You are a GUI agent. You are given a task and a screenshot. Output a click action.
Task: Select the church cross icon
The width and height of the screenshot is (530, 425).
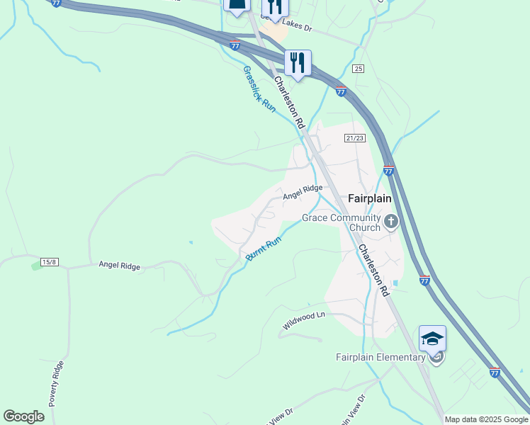pyautogui.click(x=390, y=223)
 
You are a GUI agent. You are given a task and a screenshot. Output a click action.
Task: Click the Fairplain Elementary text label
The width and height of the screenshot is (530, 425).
pyautogui.click(x=380, y=357)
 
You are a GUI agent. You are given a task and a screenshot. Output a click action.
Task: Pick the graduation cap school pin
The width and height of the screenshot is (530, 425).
pyautogui.click(x=432, y=339)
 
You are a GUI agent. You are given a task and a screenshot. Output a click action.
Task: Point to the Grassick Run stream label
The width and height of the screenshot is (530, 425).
pyautogui.click(x=259, y=89)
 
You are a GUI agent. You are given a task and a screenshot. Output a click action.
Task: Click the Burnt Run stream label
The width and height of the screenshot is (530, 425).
pyautogui.click(x=264, y=249)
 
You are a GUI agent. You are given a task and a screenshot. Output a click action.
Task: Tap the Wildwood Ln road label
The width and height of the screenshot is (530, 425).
pyautogui.click(x=303, y=321)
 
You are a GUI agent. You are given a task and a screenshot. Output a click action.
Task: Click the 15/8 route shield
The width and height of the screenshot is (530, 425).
pyautogui.click(x=49, y=261)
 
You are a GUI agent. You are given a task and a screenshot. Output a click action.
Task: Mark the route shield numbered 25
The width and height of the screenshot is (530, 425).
pyautogui.click(x=358, y=69)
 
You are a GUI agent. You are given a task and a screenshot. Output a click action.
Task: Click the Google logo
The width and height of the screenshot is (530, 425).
pyautogui.click(x=24, y=416)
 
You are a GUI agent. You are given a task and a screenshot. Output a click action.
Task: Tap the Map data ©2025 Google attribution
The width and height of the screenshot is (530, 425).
pyautogui.click(x=487, y=419)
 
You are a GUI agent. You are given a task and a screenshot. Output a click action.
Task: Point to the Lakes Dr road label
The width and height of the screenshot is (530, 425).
pyautogui.click(x=295, y=27)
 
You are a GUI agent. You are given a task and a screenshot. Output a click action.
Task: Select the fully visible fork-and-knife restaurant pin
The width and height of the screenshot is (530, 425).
pyautogui.click(x=298, y=62)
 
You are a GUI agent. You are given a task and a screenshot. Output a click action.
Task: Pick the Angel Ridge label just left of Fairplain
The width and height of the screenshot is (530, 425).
pyautogui.click(x=303, y=192)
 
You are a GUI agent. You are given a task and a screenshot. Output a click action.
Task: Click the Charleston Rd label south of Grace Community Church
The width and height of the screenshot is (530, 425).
pyautogui.click(x=373, y=271)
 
